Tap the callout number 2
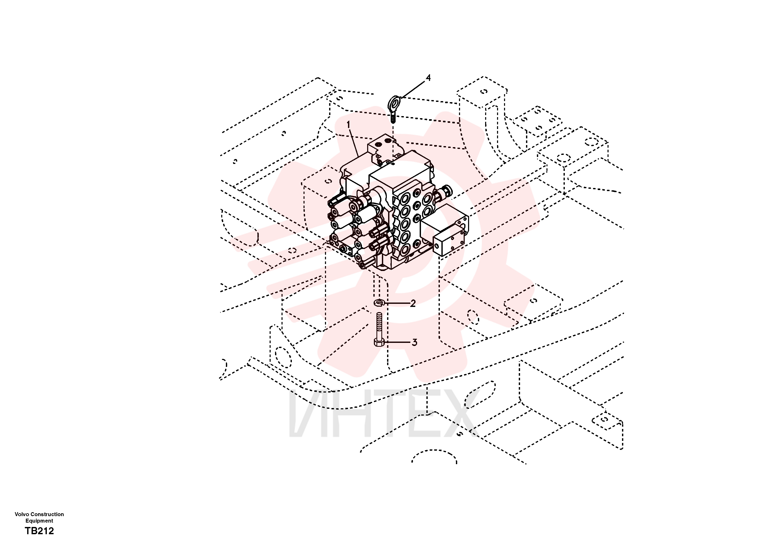(x=413, y=303)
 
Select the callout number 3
(x=414, y=343)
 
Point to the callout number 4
(x=428, y=78)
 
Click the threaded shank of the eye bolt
(x=393, y=117)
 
